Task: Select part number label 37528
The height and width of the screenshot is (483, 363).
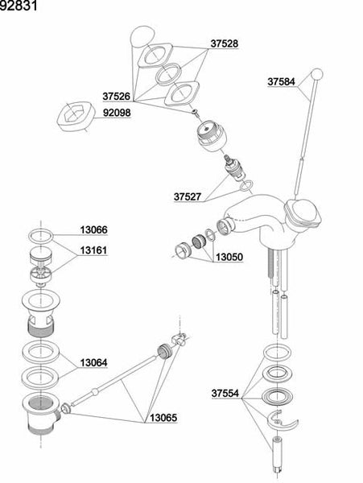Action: pos(225,43)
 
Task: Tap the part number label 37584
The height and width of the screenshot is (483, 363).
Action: pos(283,81)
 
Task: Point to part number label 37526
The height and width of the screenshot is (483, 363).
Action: pos(117,96)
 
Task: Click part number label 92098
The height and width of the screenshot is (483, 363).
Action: pos(117,114)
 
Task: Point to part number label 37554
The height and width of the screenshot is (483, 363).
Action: pos(226,394)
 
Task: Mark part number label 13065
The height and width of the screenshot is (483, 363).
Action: pos(162,418)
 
